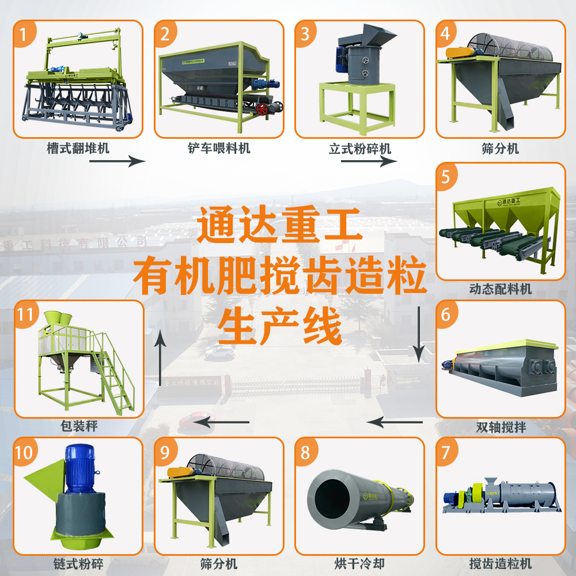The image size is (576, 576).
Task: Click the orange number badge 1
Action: (x=24, y=33)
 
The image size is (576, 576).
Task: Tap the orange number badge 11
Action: (x=26, y=314)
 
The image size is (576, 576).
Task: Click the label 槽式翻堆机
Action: (x=78, y=149)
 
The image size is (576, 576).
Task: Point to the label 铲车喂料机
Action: (x=219, y=149)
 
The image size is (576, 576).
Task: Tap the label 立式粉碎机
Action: (x=360, y=149)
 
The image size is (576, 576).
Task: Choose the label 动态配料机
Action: (x=501, y=289)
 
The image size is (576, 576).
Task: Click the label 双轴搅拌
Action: (x=501, y=427)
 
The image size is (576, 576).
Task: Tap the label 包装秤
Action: (x=78, y=427)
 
